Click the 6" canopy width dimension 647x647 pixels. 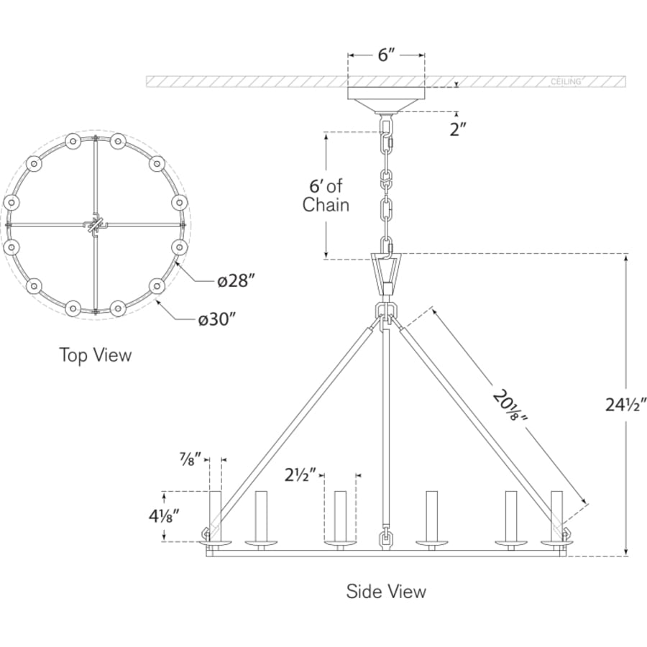[386, 55]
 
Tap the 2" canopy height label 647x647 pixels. [458, 129]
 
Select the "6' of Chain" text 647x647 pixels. [326, 196]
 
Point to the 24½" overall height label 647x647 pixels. [625, 405]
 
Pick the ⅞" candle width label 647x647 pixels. [191, 459]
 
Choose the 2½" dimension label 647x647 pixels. [300, 475]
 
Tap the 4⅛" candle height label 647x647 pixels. [165, 515]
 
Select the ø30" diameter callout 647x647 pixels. [216, 319]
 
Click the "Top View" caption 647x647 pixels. [96, 355]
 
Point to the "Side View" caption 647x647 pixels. [386, 592]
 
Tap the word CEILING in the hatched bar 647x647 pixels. [566, 82]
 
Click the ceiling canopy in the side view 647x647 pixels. [386, 100]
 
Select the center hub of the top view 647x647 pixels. [96, 225]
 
